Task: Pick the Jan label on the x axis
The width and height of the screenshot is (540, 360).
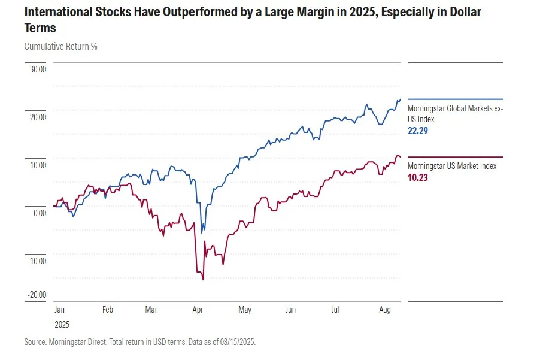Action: [x=59, y=310]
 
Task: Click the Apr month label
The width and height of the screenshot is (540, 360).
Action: [x=198, y=310]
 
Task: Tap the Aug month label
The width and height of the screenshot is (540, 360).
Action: [x=386, y=310]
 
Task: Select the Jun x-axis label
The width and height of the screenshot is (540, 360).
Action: [x=290, y=310]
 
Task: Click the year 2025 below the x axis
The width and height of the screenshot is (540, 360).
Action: [x=62, y=325]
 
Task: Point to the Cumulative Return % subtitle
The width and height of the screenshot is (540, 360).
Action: [x=61, y=46]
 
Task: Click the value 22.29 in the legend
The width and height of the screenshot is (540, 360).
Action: [x=417, y=131]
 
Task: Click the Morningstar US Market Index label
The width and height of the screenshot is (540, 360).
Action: [x=452, y=166]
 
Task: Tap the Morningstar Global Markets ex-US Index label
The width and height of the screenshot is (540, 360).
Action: [x=455, y=114]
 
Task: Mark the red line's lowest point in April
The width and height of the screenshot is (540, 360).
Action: [x=204, y=280]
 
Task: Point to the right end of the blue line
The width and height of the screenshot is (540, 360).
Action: [x=401, y=99]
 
